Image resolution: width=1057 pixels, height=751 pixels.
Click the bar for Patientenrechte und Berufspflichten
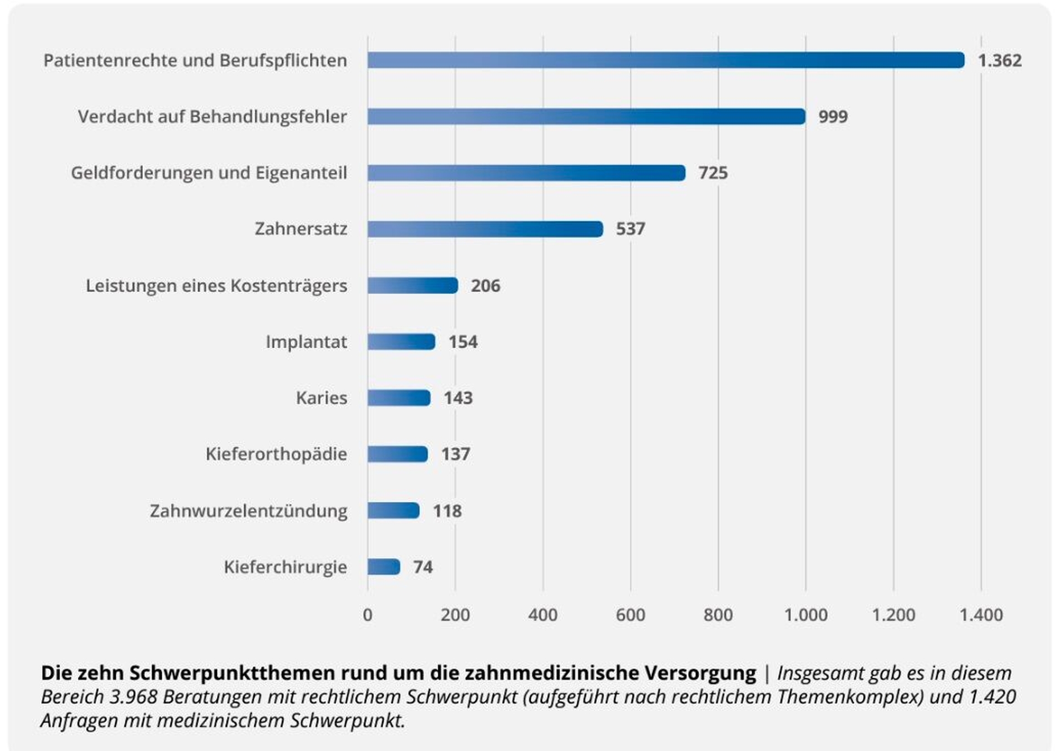point(665,60)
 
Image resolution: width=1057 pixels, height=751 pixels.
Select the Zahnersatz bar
point(485,229)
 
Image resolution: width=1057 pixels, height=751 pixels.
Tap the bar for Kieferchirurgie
point(383,567)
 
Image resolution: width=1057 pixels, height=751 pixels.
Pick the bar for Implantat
point(401,342)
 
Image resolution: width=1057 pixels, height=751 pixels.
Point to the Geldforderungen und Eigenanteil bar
point(526,173)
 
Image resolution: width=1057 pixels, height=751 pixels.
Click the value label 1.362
point(999,60)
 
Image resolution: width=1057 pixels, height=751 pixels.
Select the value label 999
point(833,117)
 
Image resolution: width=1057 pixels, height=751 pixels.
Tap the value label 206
point(485,286)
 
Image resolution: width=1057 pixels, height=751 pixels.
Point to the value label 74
point(423,567)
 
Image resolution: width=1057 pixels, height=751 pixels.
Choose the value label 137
point(456,454)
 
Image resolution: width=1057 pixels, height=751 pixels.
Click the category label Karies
point(321,398)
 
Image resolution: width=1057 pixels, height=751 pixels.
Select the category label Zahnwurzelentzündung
point(248,511)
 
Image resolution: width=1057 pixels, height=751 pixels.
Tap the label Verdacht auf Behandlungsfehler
point(212,117)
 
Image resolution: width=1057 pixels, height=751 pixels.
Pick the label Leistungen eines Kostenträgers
point(216,286)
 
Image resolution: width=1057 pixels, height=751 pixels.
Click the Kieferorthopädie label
point(276,454)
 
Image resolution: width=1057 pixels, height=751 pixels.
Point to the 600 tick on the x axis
point(630,615)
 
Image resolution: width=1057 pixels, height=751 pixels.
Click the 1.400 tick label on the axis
point(981,615)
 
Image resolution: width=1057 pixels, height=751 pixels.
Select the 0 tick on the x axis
point(367,615)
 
